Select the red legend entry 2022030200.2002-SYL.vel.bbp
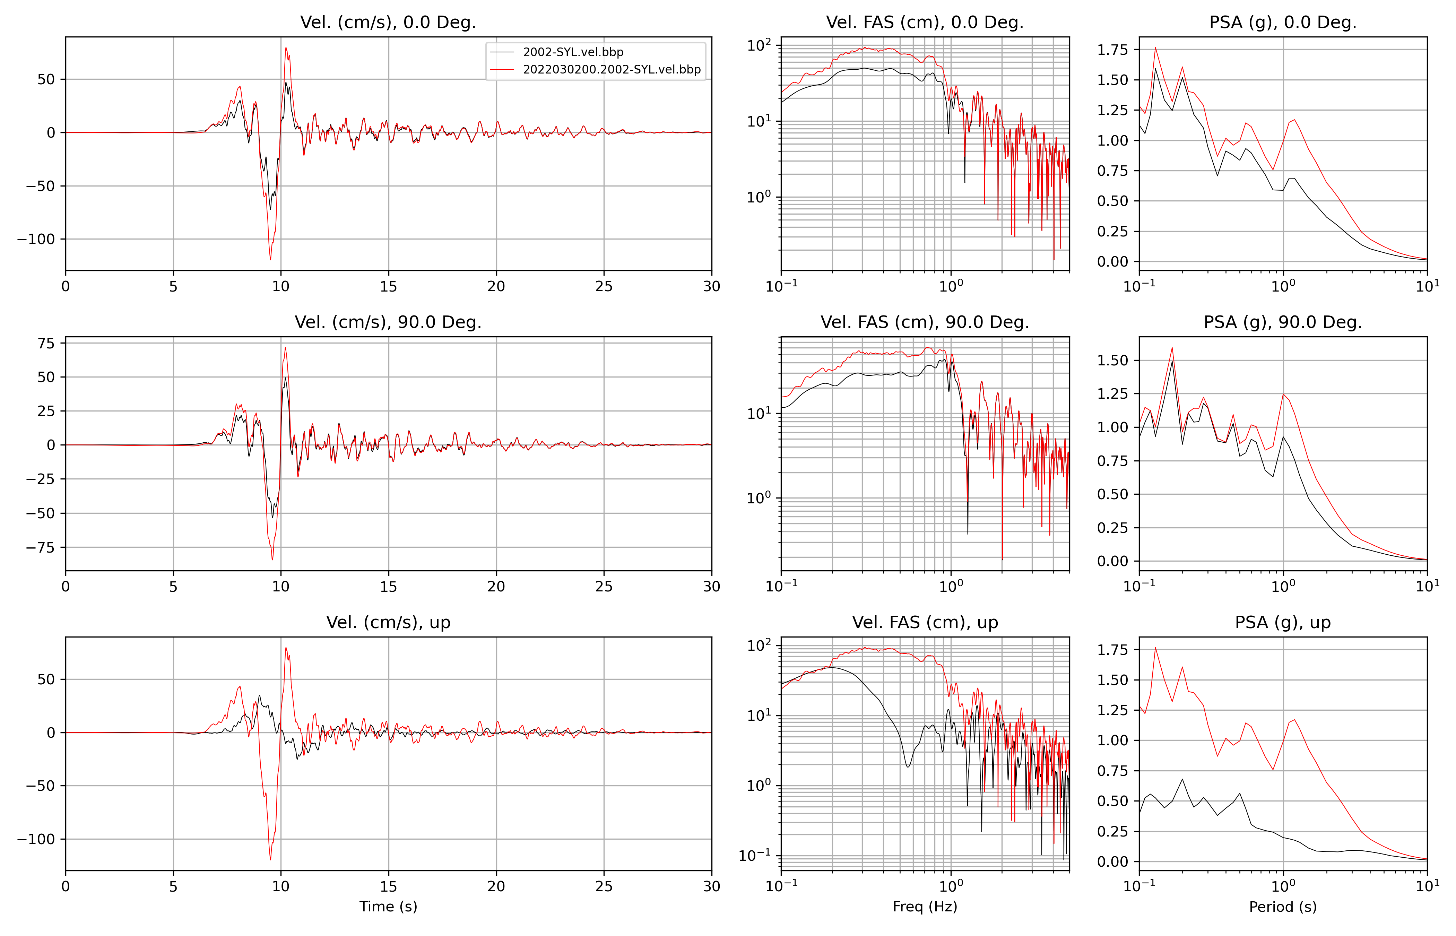coord(611,69)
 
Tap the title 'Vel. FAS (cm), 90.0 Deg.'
coord(924,322)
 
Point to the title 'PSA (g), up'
coord(1282,622)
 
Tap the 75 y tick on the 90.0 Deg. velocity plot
coord(46,344)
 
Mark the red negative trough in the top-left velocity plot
coord(270,260)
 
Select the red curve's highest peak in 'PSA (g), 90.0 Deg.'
coord(1172,348)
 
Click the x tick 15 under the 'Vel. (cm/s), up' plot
coord(388,886)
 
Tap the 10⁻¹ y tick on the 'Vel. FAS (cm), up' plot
coord(754,855)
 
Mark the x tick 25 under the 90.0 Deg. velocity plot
coord(604,587)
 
